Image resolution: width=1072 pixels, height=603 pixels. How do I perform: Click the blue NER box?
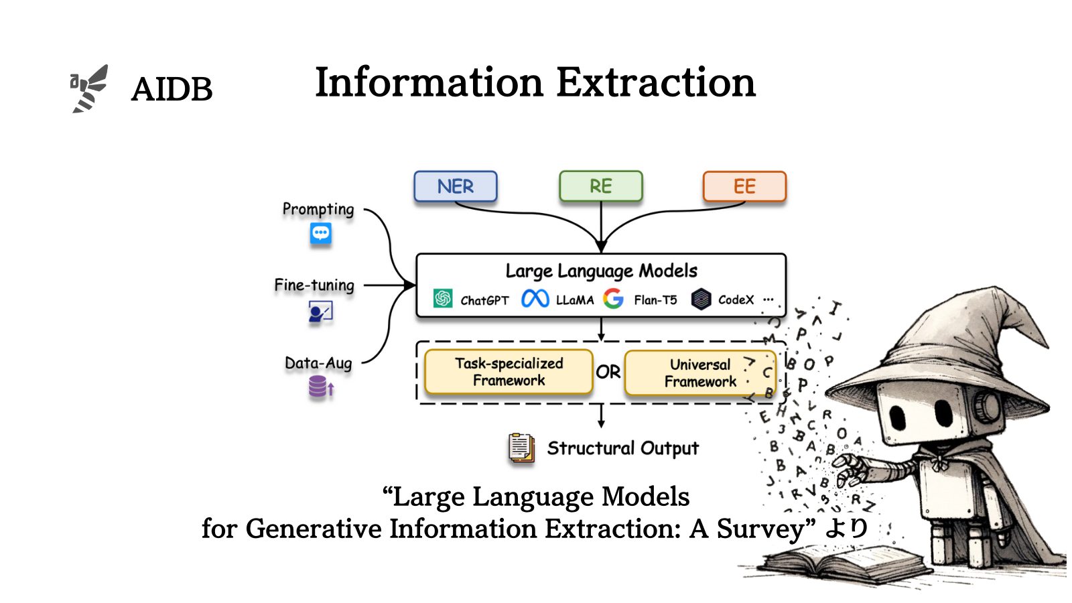pos(456,186)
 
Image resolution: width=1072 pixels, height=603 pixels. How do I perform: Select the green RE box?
pos(600,186)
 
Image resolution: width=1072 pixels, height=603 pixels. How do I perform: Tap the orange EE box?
pos(744,186)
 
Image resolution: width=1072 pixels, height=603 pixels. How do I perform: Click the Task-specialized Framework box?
pos(509,372)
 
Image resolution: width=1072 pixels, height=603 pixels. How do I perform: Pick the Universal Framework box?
pos(699,373)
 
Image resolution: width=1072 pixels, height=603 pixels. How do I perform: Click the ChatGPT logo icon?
pos(443,299)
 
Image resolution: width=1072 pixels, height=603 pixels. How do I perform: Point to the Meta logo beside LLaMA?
pos(535,299)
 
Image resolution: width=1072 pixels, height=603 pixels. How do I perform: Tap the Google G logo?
pos(613,299)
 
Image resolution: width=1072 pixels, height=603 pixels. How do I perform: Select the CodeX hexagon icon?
pos(701,299)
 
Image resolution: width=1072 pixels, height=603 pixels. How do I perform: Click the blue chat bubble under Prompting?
pos(320,234)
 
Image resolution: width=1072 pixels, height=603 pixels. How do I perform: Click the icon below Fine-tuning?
pos(320,312)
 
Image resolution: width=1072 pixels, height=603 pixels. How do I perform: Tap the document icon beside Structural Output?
pos(521,448)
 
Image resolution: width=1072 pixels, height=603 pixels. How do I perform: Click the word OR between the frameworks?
pos(608,373)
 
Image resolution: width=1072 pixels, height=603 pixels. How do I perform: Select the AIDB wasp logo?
pos(90,88)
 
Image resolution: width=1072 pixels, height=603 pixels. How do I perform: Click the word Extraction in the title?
pos(656,83)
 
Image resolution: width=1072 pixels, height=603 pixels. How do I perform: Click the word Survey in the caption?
pos(760,529)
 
